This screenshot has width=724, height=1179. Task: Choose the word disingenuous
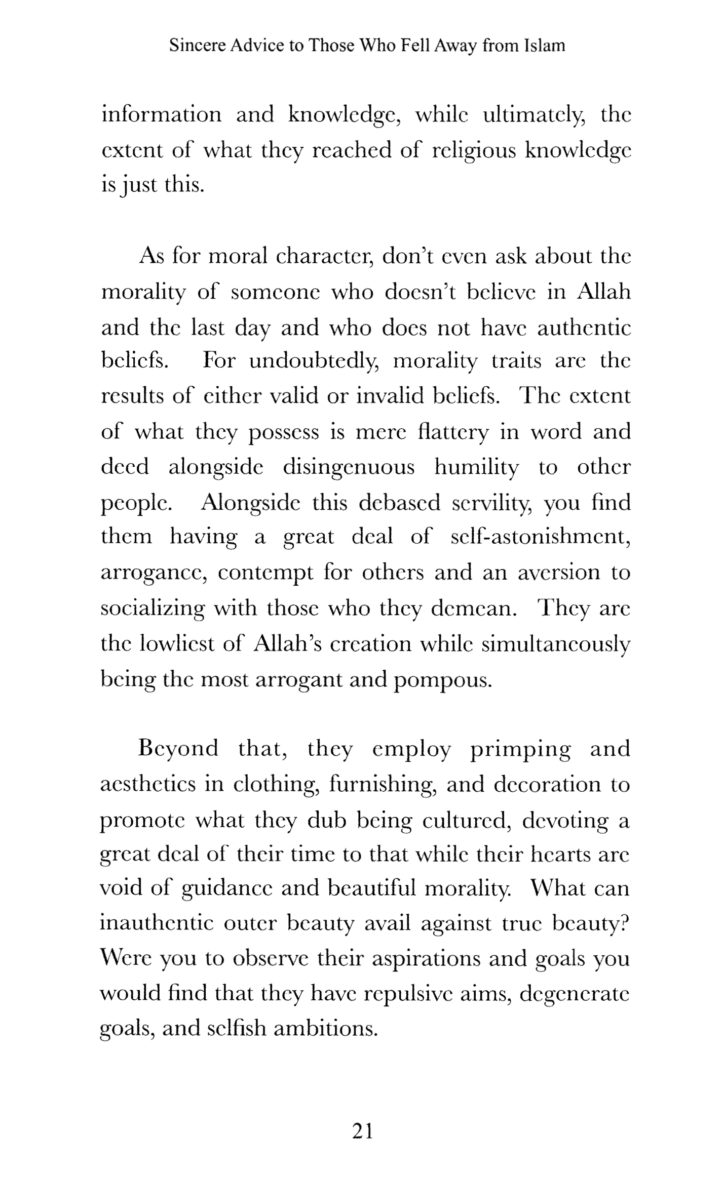point(349,468)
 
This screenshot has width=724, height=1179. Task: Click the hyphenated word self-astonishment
point(541,537)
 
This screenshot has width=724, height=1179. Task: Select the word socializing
point(153,608)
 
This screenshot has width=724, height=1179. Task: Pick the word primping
point(520,749)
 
